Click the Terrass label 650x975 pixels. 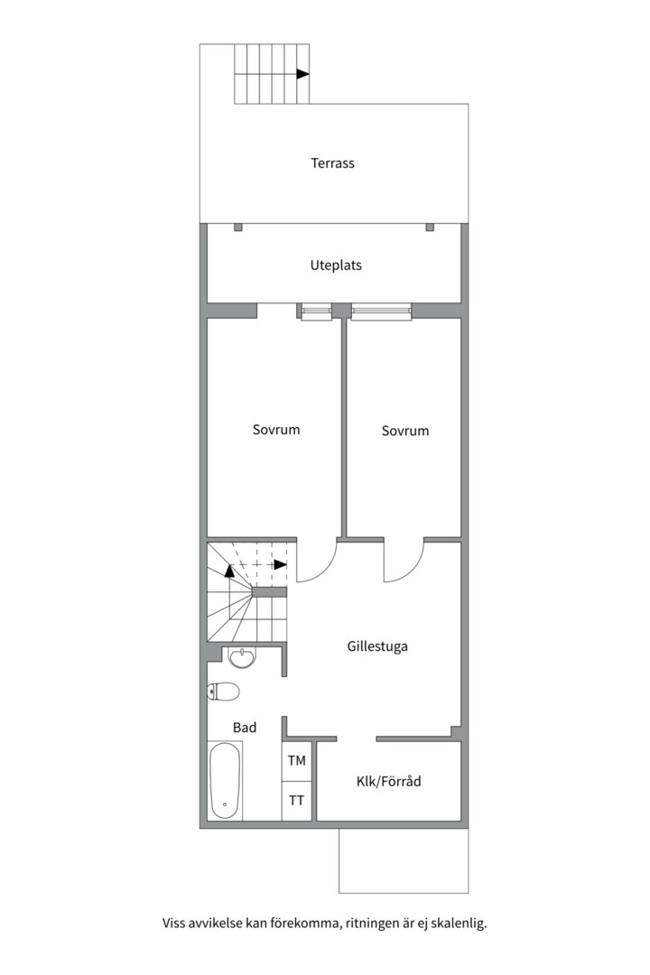pos(333,163)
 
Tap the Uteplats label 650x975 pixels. pos(336,265)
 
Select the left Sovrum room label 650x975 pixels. pos(276,430)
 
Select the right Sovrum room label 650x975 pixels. pos(405,431)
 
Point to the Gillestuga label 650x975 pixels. pos(377,646)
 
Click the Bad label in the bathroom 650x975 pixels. pos(245,728)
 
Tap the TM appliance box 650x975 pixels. pos(297,761)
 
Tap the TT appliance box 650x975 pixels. pos(297,801)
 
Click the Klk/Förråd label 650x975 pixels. pos(389,782)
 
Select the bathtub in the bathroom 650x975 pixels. pos(225,780)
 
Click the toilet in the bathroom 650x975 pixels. pos(223,692)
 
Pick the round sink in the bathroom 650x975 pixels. pos(241,657)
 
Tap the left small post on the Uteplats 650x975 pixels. pos(238,227)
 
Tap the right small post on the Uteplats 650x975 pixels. pos(430,227)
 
